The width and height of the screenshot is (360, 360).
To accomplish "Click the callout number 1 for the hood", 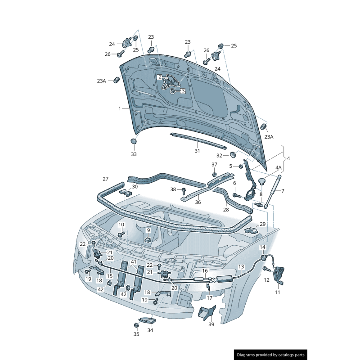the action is point(120,108).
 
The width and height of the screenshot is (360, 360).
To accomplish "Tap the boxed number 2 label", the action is point(160,77).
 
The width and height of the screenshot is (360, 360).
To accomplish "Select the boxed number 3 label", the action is point(183,91).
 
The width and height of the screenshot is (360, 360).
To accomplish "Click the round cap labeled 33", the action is point(134,141).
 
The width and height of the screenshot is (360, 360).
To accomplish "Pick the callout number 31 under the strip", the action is point(197,151).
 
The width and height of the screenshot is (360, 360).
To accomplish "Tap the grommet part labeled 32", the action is point(233,155).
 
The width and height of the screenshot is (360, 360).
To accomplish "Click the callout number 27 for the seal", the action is point(105,179).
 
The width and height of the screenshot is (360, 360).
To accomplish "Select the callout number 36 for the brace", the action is point(198,202).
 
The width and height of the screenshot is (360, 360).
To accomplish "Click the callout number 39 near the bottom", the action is point(211,324).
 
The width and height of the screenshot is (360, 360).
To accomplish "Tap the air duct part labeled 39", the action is point(207,313).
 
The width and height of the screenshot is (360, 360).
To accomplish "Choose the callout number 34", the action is point(150,330).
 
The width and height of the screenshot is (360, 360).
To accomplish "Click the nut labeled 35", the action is point(136,325).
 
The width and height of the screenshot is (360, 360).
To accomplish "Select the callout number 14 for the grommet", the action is point(262,247).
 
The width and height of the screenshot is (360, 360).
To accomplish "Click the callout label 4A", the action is point(278,167).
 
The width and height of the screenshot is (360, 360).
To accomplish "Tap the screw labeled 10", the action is point(121,234).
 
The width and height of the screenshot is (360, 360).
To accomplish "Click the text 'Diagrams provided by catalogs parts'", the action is point(270,355).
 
